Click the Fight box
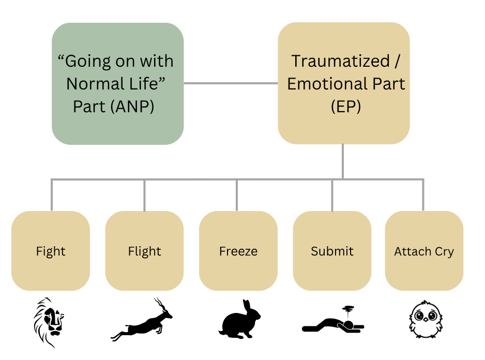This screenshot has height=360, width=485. pos(51,251)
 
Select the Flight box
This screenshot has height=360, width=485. pos(144,251)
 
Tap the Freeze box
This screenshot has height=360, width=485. pos(238,251)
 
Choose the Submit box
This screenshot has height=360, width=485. pos(332,251)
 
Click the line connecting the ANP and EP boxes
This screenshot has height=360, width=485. pos(231,83)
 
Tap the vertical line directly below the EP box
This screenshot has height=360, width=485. pos(342,161)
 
